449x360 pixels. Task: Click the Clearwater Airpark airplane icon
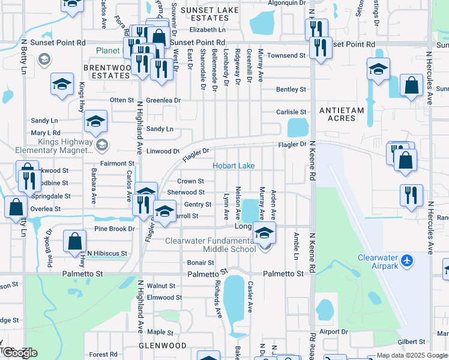click(408, 260)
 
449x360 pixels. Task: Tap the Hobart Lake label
click(234, 166)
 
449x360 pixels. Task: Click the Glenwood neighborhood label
click(163, 346)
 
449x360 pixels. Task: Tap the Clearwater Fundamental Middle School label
click(210, 245)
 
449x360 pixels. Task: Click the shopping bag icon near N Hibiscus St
click(75, 241)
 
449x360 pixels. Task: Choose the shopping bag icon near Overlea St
click(16, 208)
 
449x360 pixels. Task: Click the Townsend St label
click(286, 55)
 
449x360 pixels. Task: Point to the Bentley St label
click(291, 89)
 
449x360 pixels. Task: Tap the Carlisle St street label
click(291, 112)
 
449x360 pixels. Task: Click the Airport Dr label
click(334, 332)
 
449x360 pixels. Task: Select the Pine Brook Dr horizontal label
click(114, 229)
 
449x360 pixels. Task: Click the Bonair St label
click(200, 263)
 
